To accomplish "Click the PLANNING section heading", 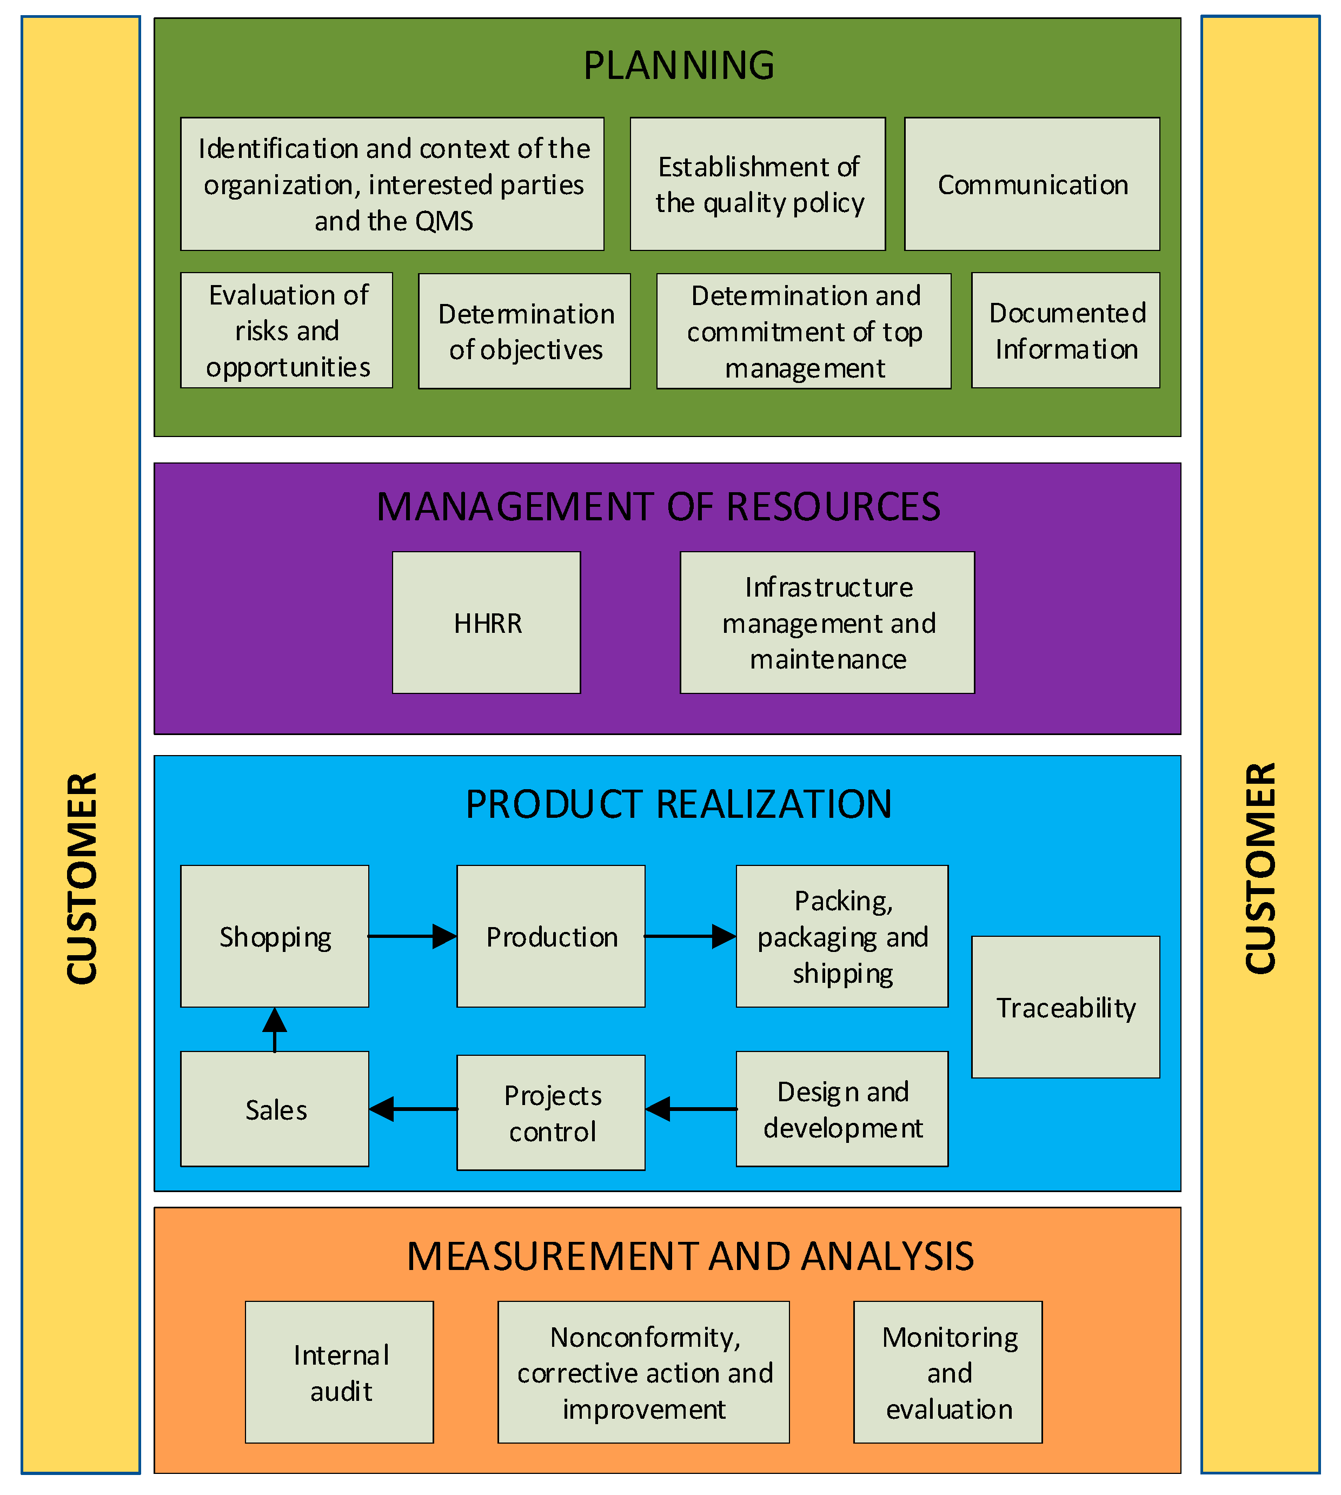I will pos(679,65).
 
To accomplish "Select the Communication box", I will pos(1032,184).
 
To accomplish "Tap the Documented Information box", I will pos(1065,330).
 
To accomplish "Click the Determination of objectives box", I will pos(525,331).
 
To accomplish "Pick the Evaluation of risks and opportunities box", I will pos(287,330).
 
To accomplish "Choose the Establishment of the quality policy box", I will pos(758,184).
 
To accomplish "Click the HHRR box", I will pos(486,623).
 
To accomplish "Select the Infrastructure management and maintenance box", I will pos(827,623).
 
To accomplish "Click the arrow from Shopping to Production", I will pos(412,936).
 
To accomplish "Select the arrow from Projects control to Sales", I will pos(413,1109).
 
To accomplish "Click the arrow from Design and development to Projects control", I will pos(691,1109).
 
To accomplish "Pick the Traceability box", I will pos(1065,1007).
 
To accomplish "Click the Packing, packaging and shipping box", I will pos(841,936).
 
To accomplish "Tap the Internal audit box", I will pos(339,1373).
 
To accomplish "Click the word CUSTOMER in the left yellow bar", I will pos(81,877).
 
